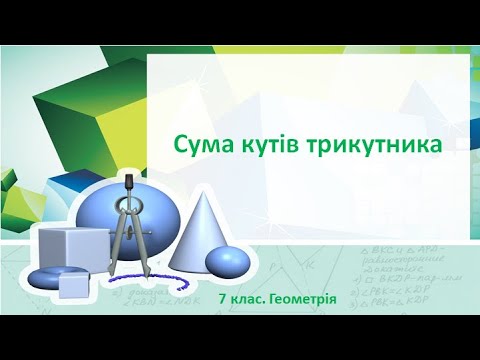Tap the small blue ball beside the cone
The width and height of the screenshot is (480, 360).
[x=227, y=261]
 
